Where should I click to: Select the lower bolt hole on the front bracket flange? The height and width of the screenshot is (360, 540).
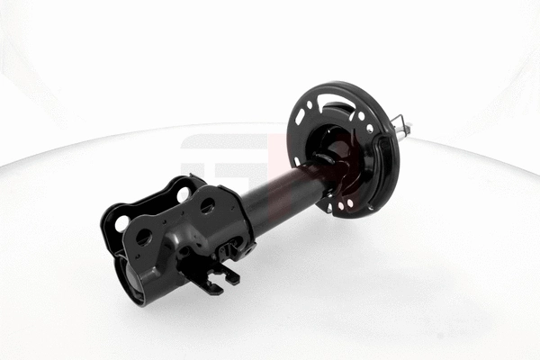pyautogui.click(x=142, y=238)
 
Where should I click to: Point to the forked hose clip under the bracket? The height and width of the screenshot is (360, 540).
pyautogui.click(x=216, y=279)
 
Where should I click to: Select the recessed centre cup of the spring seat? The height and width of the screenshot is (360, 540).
pyautogui.click(x=337, y=148)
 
